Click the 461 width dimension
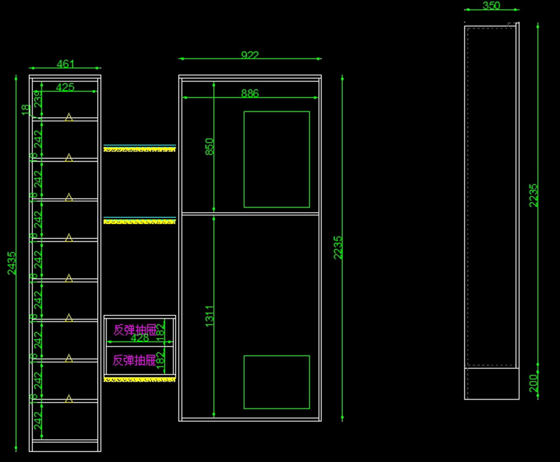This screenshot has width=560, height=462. pyautogui.click(x=65, y=64)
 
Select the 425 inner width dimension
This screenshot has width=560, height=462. pyautogui.click(x=65, y=87)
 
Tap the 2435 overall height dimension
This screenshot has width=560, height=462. pyautogui.click(x=12, y=263)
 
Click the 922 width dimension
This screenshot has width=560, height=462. pyautogui.click(x=250, y=55)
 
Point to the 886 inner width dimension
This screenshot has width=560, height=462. pyautogui.click(x=250, y=94)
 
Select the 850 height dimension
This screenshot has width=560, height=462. pyautogui.click(x=210, y=146)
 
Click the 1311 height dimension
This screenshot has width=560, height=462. pyautogui.click(x=210, y=316)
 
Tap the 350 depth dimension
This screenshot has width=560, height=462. pyautogui.click(x=491, y=6)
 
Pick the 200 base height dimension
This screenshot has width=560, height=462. pyautogui.click(x=533, y=383)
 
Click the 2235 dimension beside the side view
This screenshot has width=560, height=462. pyautogui.click(x=533, y=195)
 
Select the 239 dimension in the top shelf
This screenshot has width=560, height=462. pyautogui.click(x=37, y=99)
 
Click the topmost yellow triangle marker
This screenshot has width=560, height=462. pyautogui.click(x=69, y=117)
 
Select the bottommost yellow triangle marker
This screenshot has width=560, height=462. pyautogui.click(x=69, y=399)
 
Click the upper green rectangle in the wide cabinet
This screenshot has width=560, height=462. pyautogui.click(x=276, y=159)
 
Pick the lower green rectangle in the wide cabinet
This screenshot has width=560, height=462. pyautogui.click(x=276, y=382)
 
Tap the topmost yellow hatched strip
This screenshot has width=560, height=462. pyautogui.click(x=140, y=149)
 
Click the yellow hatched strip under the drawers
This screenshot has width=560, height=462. pyautogui.click(x=140, y=379)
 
